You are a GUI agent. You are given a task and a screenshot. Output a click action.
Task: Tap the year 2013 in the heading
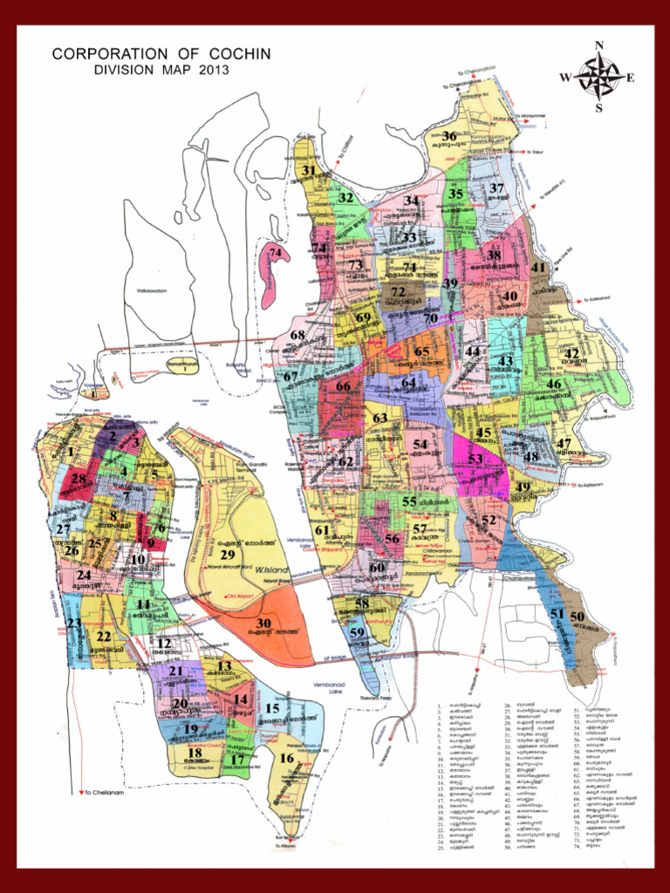point(209,70)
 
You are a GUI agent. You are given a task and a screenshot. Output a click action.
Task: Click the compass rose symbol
point(598,77)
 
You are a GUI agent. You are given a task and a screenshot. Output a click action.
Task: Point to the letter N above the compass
point(598,46)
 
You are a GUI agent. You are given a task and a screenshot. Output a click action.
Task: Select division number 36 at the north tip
point(449,136)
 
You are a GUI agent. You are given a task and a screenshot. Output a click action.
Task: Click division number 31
point(309,171)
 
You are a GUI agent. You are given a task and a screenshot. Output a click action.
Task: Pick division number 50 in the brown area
point(577,617)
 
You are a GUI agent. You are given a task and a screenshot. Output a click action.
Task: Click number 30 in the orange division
point(264,623)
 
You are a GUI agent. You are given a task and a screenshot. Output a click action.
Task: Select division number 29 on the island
point(228,555)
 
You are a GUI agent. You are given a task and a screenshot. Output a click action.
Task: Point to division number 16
point(287,758)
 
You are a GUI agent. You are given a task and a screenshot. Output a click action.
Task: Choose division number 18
point(195,753)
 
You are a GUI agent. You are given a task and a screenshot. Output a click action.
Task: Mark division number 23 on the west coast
point(74,624)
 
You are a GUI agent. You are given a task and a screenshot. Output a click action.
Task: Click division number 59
point(357,632)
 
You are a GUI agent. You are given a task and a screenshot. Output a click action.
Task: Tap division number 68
point(297,334)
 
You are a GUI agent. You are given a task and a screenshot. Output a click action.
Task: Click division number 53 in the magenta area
point(475,458)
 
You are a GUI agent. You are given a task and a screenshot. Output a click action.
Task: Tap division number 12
point(163,644)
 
